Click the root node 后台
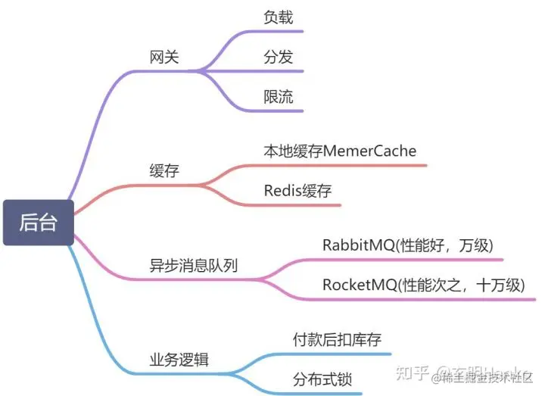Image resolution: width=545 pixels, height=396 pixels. (x=38, y=223)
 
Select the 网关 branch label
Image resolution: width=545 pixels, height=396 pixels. (x=165, y=58)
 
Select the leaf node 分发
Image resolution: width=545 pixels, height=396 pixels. (x=278, y=58)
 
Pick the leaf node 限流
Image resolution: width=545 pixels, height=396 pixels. (x=278, y=98)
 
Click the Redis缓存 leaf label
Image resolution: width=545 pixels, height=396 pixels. (x=297, y=190)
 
